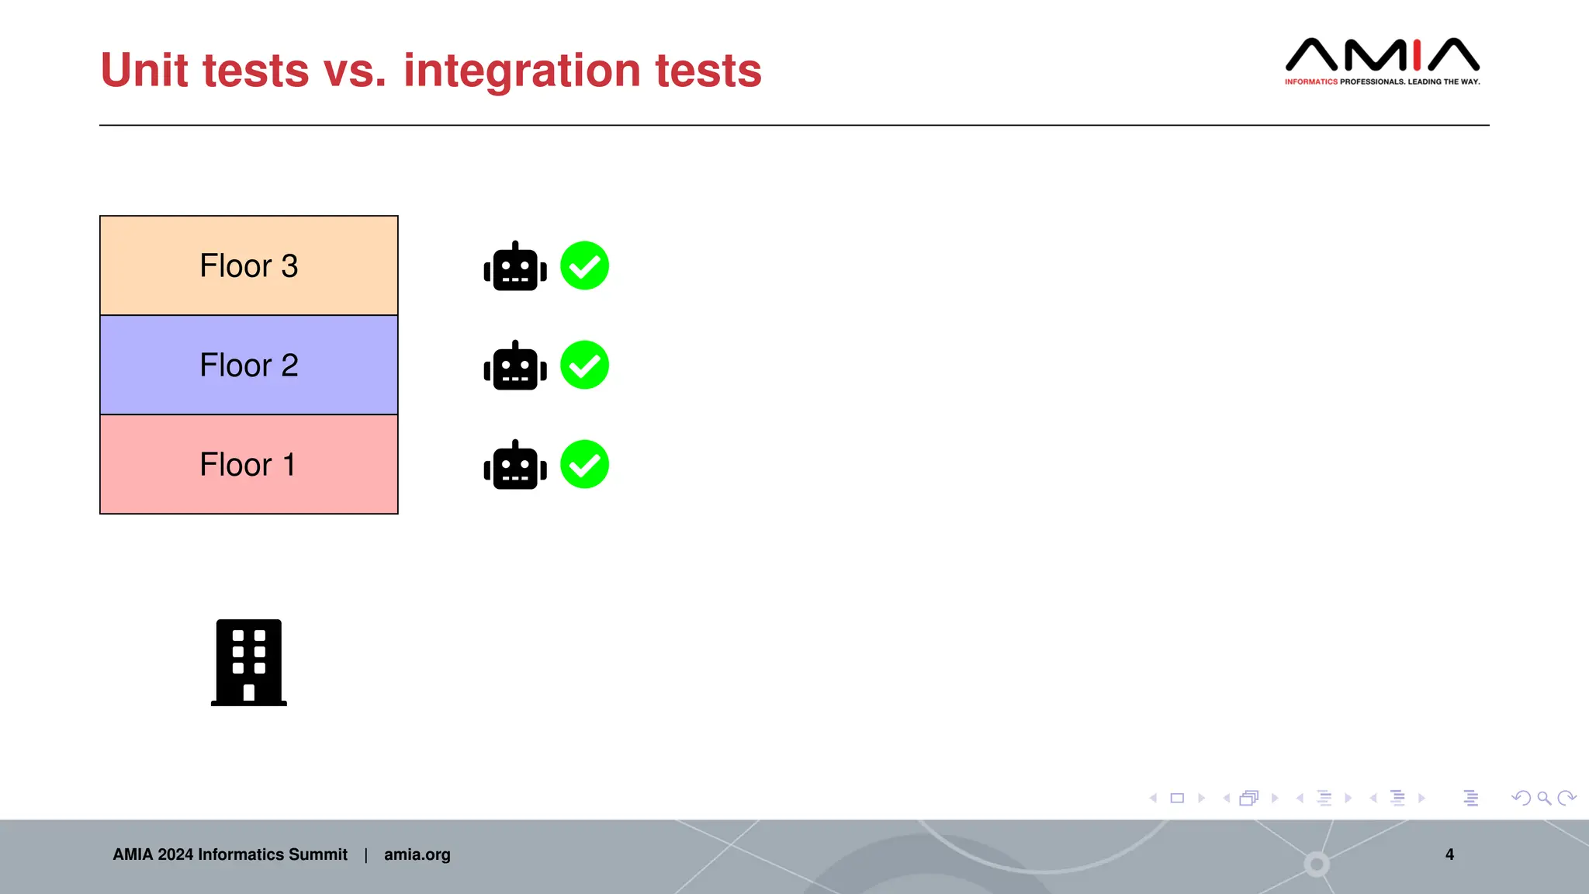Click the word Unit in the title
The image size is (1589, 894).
click(144, 71)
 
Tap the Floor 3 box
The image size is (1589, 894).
click(248, 265)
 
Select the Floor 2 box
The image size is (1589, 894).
click(248, 365)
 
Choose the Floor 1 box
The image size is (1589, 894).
click(248, 464)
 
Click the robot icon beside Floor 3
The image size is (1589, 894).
click(515, 267)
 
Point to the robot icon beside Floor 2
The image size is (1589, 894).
click(515, 366)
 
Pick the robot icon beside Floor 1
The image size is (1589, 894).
click(515, 466)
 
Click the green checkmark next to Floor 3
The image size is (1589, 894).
click(584, 265)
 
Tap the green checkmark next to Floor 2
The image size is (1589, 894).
click(584, 365)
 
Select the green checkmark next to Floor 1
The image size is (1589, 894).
click(584, 464)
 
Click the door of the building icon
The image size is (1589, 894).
click(248, 692)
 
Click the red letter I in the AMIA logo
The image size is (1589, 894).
click(1417, 54)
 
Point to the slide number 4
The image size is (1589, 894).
click(1449, 854)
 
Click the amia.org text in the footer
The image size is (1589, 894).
click(417, 854)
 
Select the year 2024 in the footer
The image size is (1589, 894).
click(175, 854)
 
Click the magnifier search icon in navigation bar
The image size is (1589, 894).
click(1544, 798)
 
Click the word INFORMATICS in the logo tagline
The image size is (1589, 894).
click(1310, 81)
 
